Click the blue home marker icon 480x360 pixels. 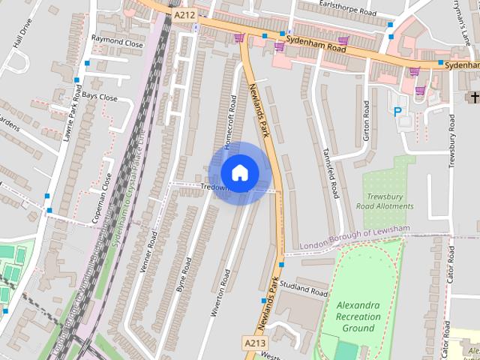click(239, 173)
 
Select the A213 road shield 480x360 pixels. click(255, 343)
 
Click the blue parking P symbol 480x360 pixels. click(397, 112)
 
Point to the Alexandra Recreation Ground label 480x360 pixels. click(358, 316)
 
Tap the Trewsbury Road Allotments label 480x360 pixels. click(385, 200)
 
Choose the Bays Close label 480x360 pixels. click(100, 97)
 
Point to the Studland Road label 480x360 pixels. click(304, 291)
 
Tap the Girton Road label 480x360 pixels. click(367, 119)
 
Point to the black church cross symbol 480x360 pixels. click(473, 97)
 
